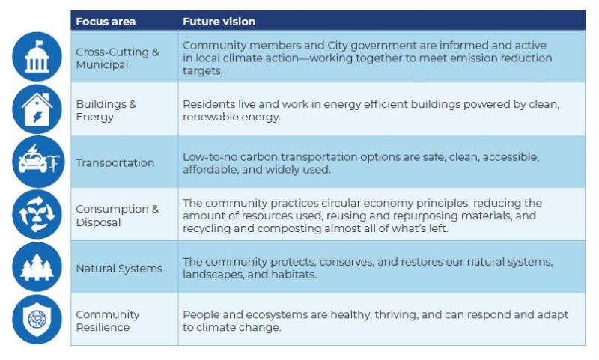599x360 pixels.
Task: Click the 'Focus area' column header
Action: (106, 22)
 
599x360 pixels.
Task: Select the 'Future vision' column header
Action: (219, 22)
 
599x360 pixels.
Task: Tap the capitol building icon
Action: (37, 56)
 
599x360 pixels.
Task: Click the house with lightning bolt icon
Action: (37, 109)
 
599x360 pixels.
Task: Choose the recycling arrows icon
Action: (37, 214)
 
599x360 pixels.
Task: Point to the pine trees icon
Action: (37, 267)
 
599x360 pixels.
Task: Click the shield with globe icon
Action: (37, 319)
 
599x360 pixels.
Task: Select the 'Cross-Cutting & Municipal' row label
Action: (118, 58)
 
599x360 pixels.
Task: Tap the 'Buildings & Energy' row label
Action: (106, 110)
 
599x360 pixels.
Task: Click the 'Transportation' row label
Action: (115, 163)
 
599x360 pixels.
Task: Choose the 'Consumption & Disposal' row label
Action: (118, 216)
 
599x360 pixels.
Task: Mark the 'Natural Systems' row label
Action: (119, 269)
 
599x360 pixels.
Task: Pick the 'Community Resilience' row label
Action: (108, 320)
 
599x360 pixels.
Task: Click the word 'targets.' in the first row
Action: (202, 71)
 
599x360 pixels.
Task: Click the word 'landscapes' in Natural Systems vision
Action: (213, 275)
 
